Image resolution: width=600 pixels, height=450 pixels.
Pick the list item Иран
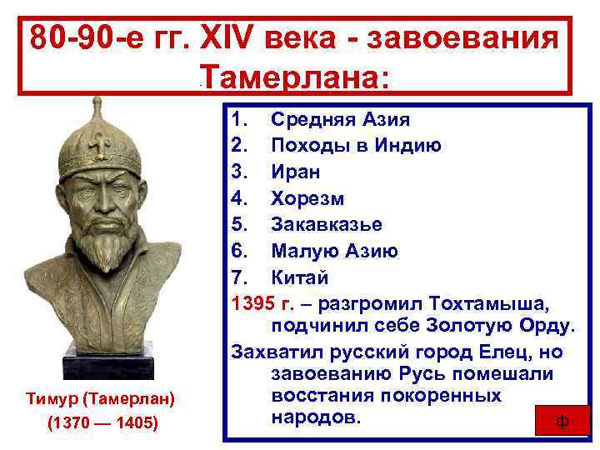click(296, 172)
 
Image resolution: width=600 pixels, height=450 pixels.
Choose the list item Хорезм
click(307, 199)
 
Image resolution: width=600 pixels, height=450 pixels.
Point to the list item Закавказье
click(327, 225)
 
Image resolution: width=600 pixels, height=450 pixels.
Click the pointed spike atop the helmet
click(99, 108)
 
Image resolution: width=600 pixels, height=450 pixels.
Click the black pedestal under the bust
click(101, 364)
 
